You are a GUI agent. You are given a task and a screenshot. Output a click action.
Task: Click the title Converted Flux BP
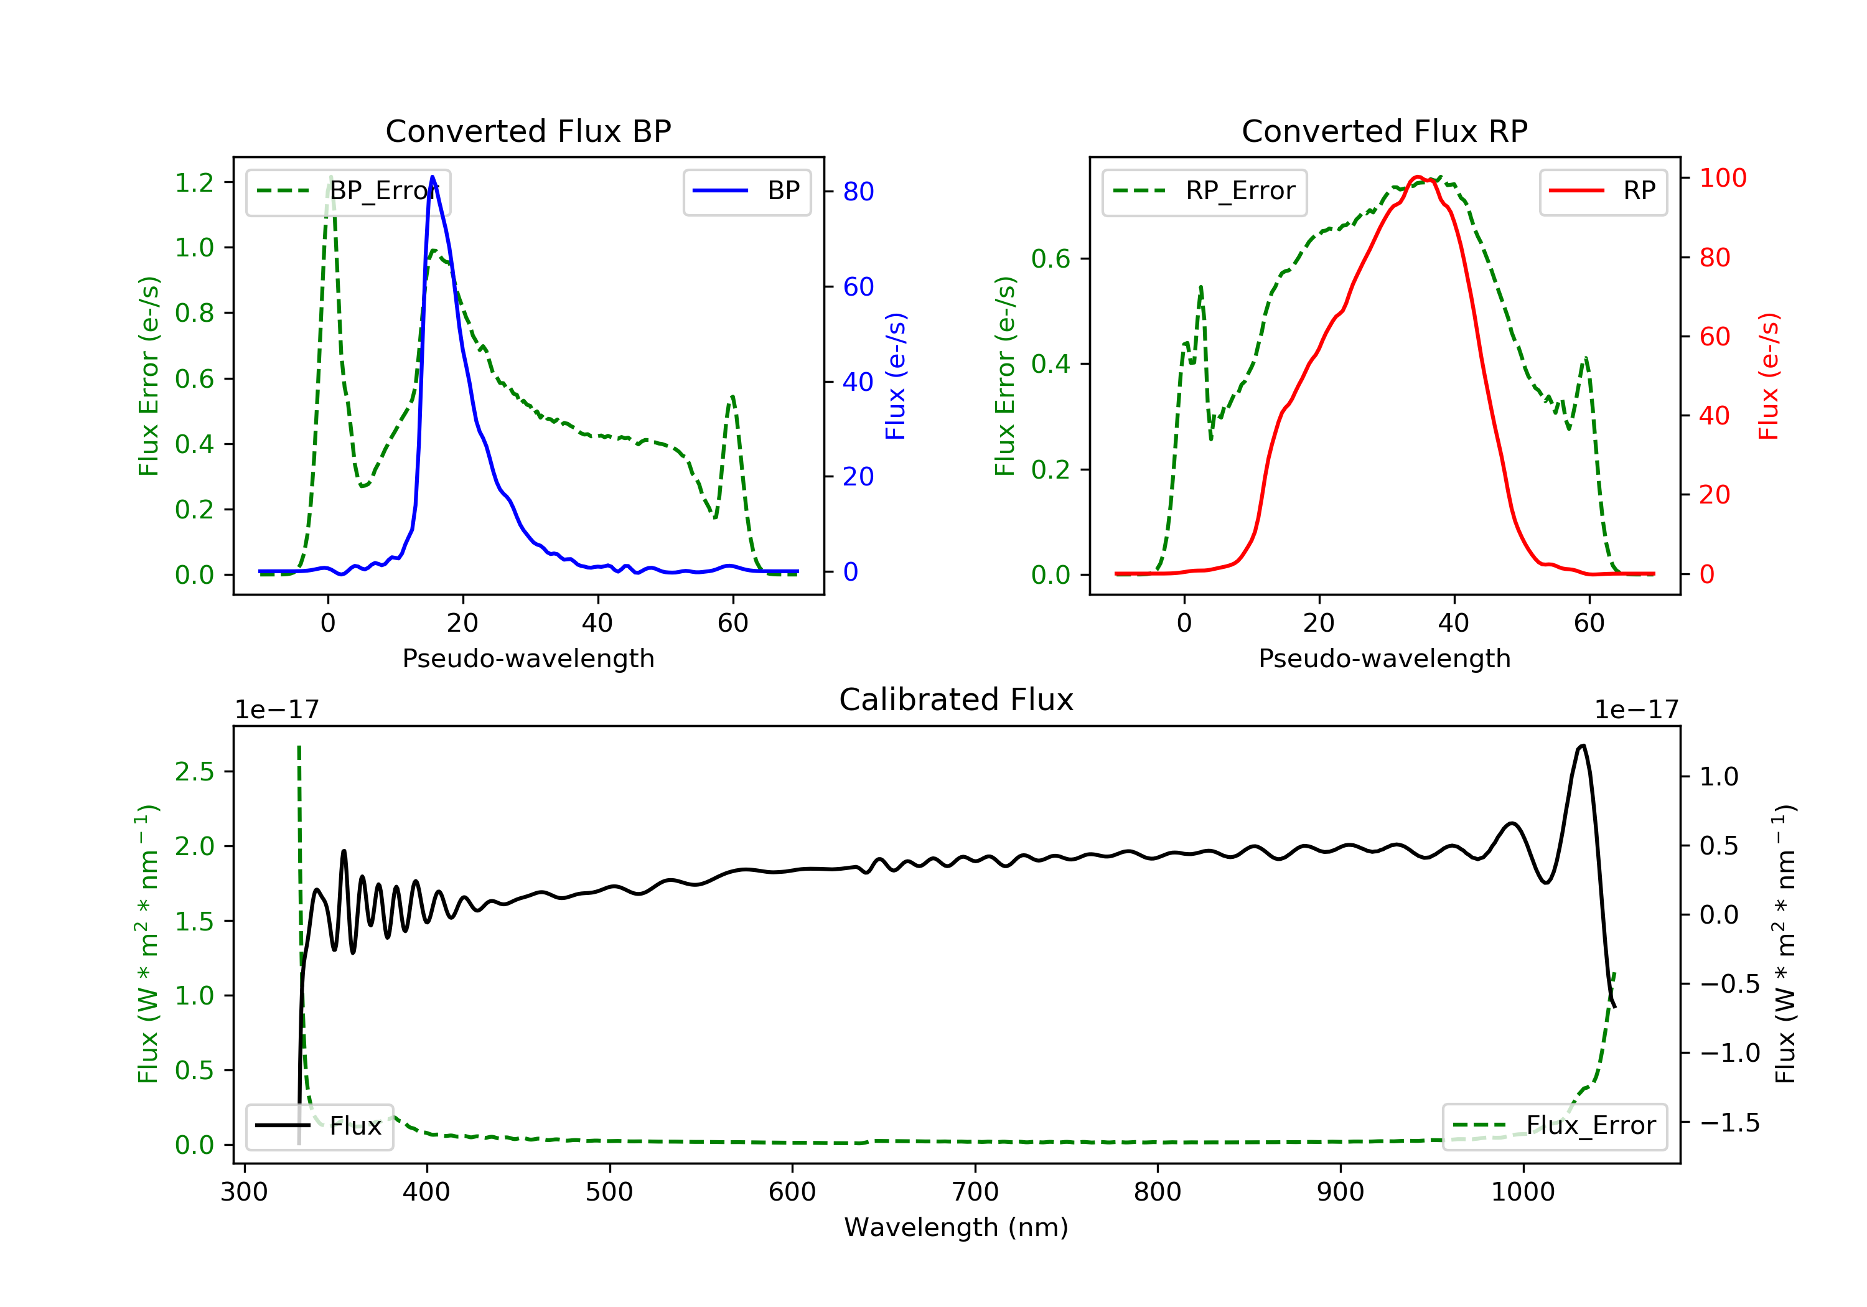[528, 131]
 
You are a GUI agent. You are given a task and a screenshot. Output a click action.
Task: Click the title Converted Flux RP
[1384, 131]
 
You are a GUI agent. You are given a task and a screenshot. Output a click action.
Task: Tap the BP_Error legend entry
[348, 191]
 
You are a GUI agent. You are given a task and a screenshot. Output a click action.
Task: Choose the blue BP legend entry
[746, 191]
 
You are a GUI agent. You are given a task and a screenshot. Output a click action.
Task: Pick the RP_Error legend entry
[1204, 191]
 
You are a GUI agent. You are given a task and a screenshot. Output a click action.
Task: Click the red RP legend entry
[1603, 191]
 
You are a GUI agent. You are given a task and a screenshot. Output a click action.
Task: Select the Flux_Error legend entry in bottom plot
[1554, 1126]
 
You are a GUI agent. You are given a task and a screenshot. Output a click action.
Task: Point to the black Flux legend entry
[320, 1126]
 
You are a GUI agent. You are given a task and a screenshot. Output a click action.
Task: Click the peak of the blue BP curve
[432, 177]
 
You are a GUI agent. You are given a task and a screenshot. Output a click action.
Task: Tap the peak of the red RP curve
[1417, 177]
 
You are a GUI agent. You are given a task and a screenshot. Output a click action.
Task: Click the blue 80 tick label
[858, 191]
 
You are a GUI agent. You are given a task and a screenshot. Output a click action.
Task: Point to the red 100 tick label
[1722, 178]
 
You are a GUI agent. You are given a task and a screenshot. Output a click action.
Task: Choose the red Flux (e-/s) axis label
[1769, 376]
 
